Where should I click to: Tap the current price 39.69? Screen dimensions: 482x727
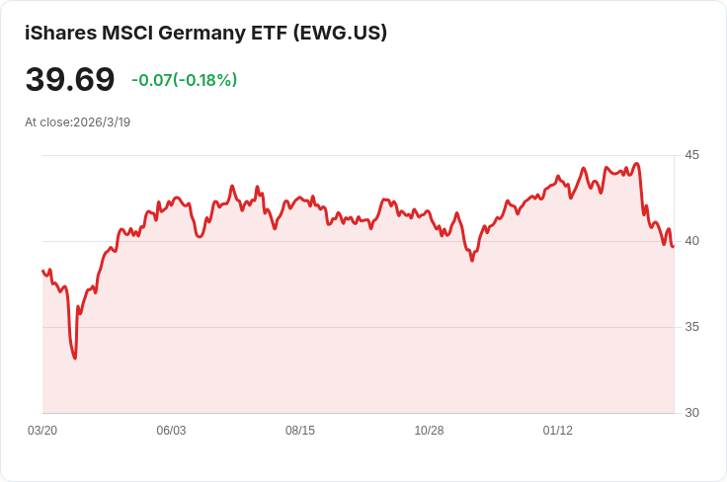[70, 80]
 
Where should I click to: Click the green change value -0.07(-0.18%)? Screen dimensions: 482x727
[184, 80]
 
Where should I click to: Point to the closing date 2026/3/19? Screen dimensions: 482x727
[102, 122]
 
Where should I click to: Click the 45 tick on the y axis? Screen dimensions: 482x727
[691, 155]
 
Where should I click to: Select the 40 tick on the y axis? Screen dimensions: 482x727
[691, 241]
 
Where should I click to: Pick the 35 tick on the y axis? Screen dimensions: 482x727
[691, 327]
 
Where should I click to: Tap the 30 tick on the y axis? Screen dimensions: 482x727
[691, 413]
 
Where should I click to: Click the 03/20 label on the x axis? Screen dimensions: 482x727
[42, 431]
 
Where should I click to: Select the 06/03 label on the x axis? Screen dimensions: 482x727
[171, 431]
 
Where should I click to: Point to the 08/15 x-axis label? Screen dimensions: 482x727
[300, 431]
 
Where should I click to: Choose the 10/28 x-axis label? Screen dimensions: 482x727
[429, 431]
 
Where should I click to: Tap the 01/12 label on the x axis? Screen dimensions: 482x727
[558, 431]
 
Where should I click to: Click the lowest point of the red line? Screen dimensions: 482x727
[75, 358]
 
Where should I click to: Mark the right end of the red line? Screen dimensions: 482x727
[674, 246]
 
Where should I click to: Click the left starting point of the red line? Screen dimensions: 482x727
[42, 270]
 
